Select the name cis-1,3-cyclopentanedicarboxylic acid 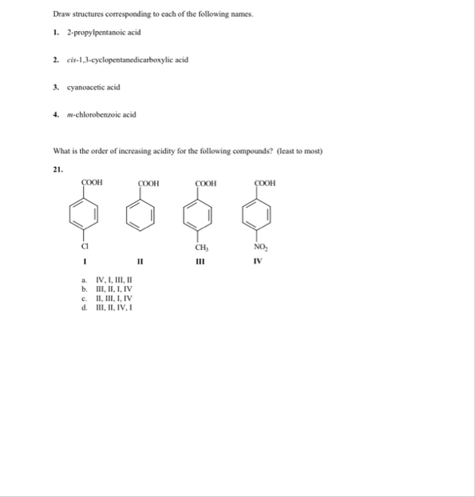coord(128,60)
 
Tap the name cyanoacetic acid coord(93,87)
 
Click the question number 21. coord(57,169)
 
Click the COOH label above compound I coord(93,183)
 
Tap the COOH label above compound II coord(148,183)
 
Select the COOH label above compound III coord(205,183)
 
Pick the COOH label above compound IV coord(265,183)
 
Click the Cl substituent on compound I coord(83,246)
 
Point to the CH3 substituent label coord(196,247)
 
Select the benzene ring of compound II coord(140,213)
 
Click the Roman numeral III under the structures coord(196,259)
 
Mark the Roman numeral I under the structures coord(83,260)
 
